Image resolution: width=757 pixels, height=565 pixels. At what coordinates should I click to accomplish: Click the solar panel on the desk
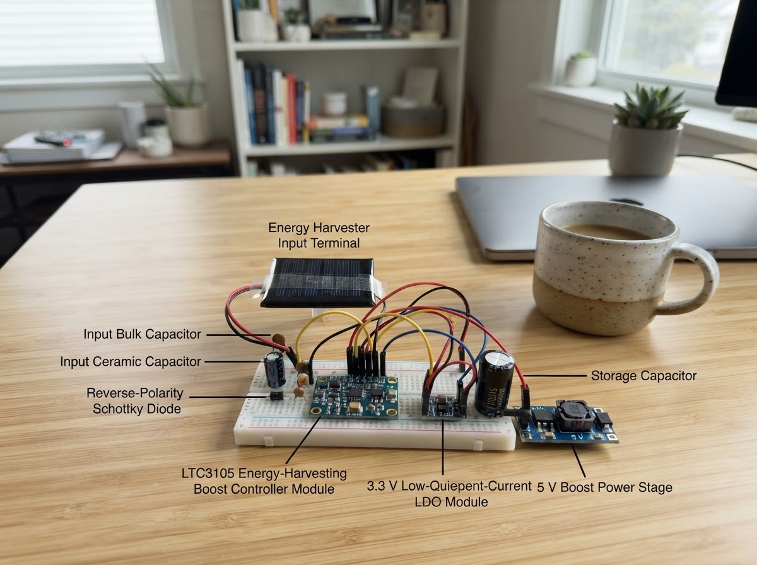pyautogui.click(x=318, y=282)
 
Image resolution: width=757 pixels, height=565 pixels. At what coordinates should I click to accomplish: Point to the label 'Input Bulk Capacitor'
pyautogui.click(x=142, y=334)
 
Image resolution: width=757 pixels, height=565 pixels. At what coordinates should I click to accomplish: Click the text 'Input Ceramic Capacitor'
pyautogui.click(x=131, y=361)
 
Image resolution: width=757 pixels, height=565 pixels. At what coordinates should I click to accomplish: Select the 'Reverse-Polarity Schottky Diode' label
pyautogui.click(x=135, y=400)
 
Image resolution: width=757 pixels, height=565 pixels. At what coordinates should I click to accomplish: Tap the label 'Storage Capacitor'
pyautogui.click(x=643, y=375)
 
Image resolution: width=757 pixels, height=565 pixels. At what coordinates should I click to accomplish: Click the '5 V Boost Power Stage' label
pyautogui.click(x=604, y=487)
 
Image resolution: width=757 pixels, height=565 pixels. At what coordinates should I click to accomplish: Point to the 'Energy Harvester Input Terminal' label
pyautogui.click(x=319, y=235)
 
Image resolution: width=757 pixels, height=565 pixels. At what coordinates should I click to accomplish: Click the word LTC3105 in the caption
pyautogui.click(x=208, y=473)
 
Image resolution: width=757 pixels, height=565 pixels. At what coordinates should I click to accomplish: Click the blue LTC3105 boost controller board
pyautogui.click(x=354, y=397)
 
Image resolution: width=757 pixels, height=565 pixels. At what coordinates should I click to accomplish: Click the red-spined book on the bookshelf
pyautogui.click(x=292, y=108)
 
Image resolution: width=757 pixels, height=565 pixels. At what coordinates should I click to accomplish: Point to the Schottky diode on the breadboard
pyautogui.click(x=276, y=396)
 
